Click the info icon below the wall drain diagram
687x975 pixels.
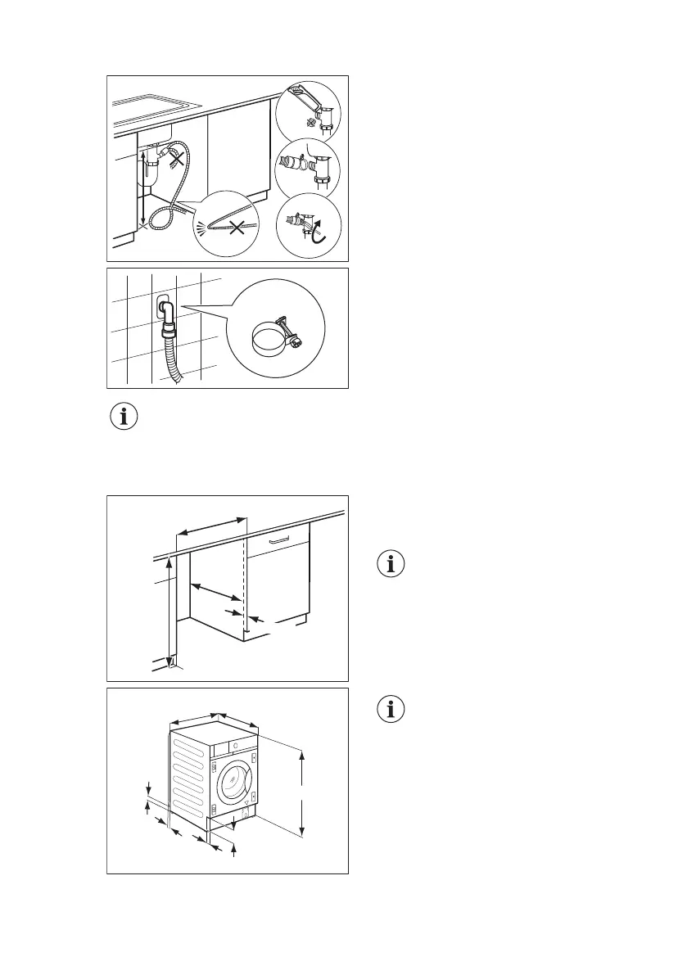pos(124,417)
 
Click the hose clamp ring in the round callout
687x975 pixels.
pos(269,338)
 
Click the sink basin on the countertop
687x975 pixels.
pos(156,106)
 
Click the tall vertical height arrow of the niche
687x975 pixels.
pos(169,610)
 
